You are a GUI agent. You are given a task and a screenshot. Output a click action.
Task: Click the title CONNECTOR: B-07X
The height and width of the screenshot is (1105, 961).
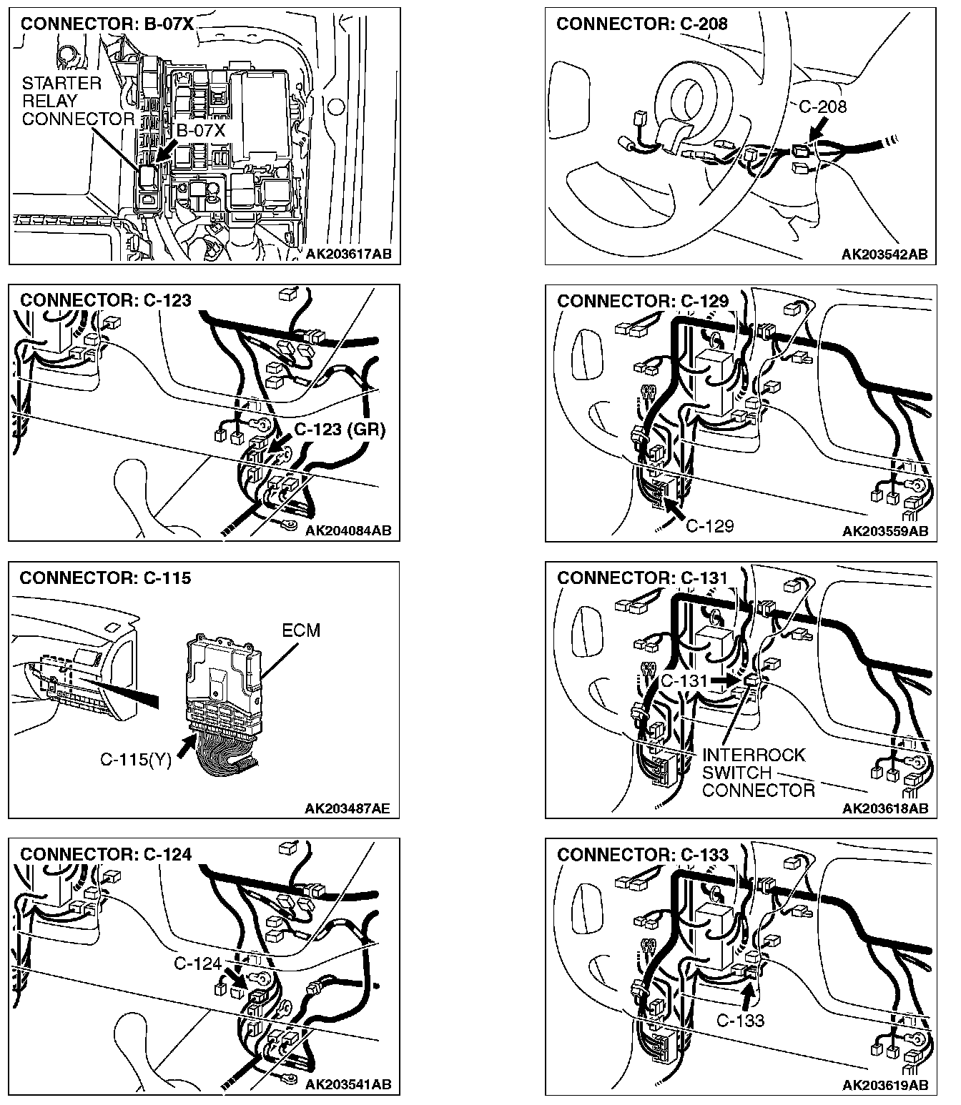click(107, 24)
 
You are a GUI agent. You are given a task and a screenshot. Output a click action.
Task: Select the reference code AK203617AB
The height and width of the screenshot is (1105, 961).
click(349, 254)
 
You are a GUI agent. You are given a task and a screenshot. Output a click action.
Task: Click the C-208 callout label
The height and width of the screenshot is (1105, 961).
click(822, 107)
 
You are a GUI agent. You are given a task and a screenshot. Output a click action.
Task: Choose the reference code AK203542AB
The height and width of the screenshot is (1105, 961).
click(884, 254)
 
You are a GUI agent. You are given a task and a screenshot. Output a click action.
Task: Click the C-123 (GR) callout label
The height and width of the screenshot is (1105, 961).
click(340, 430)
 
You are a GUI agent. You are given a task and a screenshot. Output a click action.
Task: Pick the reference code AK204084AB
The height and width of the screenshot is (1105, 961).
click(348, 530)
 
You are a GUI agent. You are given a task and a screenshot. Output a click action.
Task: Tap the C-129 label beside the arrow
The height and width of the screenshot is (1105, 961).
click(709, 526)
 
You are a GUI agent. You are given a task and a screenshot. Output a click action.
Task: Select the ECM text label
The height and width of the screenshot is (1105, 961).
click(301, 630)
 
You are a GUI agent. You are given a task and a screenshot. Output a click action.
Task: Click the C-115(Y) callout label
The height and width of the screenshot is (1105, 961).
click(136, 760)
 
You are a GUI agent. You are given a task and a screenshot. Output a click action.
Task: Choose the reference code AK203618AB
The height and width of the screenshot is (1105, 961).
click(884, 808)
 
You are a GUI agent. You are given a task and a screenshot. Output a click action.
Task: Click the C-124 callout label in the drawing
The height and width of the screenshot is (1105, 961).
click(197, 964)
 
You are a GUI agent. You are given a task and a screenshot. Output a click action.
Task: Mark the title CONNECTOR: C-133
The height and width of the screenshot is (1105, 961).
click(643, 855)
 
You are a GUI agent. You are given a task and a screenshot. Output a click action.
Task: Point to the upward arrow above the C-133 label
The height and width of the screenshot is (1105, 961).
click(747, 996)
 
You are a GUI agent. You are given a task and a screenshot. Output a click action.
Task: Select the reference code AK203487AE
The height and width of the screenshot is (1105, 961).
click(348, 808)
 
